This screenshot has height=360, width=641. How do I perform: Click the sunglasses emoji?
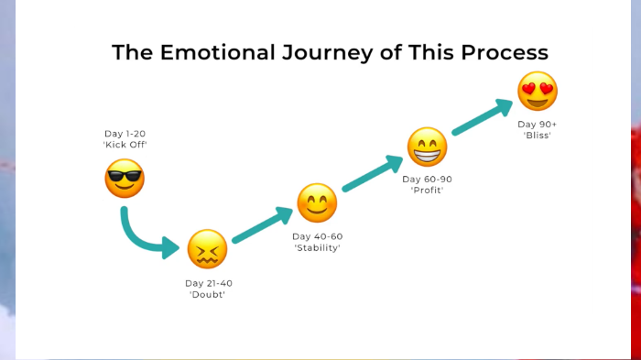[125, 178]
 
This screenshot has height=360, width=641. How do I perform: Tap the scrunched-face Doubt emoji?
[207, 249]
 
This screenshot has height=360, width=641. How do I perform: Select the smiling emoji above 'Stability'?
[317, 203]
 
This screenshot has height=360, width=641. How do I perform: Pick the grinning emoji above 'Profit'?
[427, 147]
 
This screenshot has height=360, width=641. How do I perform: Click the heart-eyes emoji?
[538, 92]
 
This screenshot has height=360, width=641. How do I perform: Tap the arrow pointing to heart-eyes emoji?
[482, 117]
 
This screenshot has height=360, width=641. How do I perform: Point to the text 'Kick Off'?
[125, 146]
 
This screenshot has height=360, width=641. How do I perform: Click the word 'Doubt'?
[208, 295]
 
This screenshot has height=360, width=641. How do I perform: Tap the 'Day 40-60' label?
[317, 236]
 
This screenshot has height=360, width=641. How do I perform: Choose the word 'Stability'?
[317, 248]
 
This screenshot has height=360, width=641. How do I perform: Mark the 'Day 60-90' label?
[427, 179]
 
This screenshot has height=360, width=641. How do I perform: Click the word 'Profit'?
[427, 191]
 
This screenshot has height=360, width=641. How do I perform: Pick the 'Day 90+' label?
[538, 124]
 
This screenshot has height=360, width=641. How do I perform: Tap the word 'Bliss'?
[538, 136]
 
